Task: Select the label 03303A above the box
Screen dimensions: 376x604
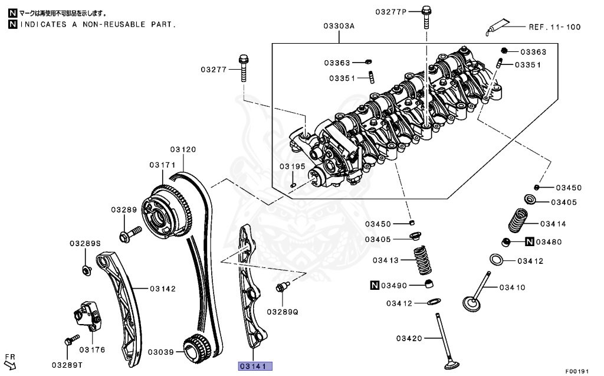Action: coord(339,26)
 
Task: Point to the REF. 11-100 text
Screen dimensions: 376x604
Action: coord(554,27)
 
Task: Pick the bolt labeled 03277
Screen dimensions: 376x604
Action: coord(244,70)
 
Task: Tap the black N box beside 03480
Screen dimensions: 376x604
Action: coord(530,242)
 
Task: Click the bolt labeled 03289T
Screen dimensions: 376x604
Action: coord(69,341)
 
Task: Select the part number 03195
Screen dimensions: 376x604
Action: coord(293,167)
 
